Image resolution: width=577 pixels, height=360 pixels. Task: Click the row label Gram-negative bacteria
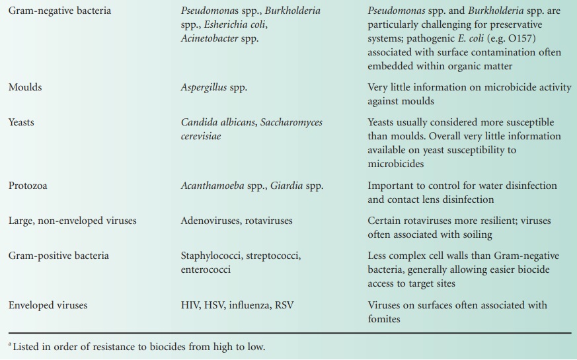pos(59,11)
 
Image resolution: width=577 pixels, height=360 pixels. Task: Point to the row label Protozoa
pos(28,186)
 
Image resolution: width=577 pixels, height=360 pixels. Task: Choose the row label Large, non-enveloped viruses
pos(72,221)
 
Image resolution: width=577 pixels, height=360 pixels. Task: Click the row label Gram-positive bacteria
pos(59,256)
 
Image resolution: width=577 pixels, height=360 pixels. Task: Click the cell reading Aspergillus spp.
pos(213,88)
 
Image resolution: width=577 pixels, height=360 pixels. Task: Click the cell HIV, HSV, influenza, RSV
pos(235,305)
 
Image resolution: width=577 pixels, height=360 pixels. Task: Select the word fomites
pos(385,318)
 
